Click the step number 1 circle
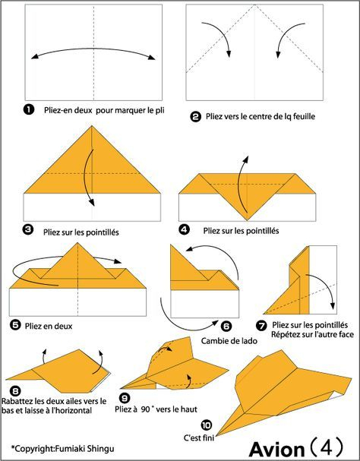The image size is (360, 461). [29, 110]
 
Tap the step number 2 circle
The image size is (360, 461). [196, 117]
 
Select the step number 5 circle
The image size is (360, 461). [15, 325]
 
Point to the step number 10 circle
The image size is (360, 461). [207, 425]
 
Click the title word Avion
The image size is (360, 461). [276, 450]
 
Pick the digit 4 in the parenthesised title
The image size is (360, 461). [327, 448]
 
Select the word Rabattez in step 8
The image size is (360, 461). [18, 401]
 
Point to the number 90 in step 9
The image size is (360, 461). [145, 409]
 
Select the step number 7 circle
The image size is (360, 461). [261, 325]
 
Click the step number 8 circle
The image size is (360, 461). [15, 391]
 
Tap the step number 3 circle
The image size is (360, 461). [28, 230]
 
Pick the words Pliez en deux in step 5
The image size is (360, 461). [49, 326]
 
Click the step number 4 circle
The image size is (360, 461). [184, 230]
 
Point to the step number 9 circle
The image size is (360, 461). [125, 398]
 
